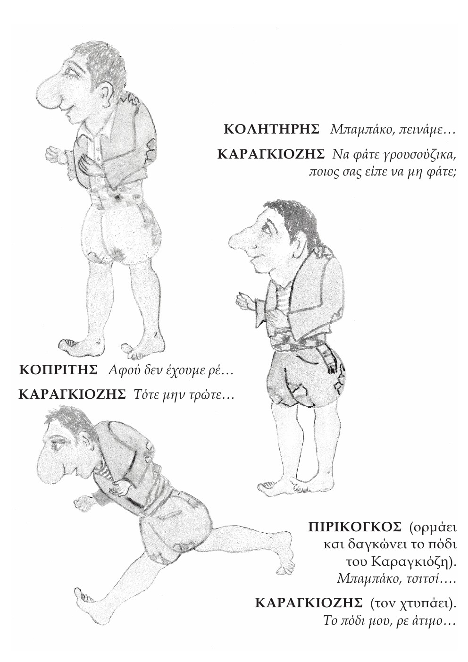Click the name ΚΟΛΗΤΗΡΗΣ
pyautogui.click(x=272, y=129)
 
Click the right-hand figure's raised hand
pyautogui.click(x=245, y=301)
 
